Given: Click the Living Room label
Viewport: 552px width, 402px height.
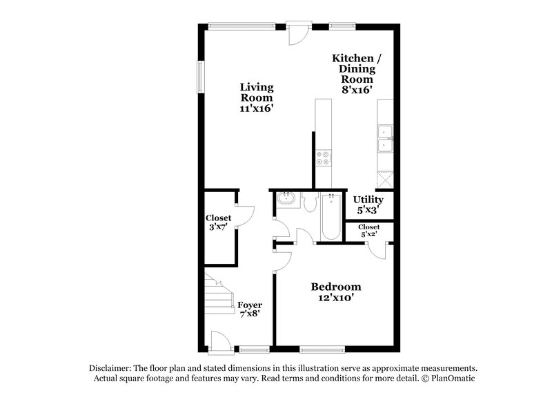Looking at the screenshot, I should [x=257, y=97].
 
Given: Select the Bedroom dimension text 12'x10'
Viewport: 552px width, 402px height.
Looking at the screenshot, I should [x=336, y=299].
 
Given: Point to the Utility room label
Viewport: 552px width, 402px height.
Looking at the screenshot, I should [x=368, y=200].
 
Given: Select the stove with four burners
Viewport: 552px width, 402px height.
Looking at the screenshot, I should [x=322, y=161].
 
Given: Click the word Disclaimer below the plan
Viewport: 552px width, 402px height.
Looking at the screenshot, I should [x=110, y=368].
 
